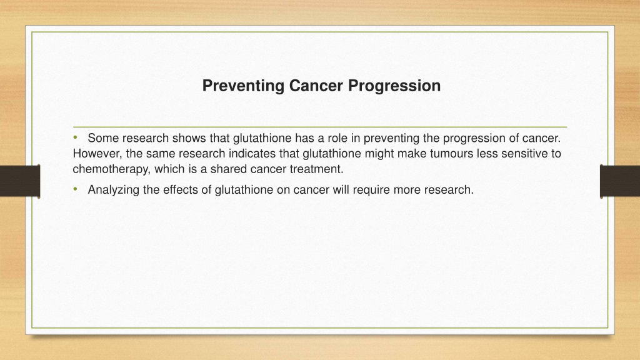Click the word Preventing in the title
(244, 86)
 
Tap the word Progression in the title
(394, 86)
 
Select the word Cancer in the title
(316, 86)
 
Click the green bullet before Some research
(75, 137)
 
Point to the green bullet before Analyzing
(75, 189)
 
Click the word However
(97, 154)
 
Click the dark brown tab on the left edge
(20, 181)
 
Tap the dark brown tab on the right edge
(620, 181)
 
